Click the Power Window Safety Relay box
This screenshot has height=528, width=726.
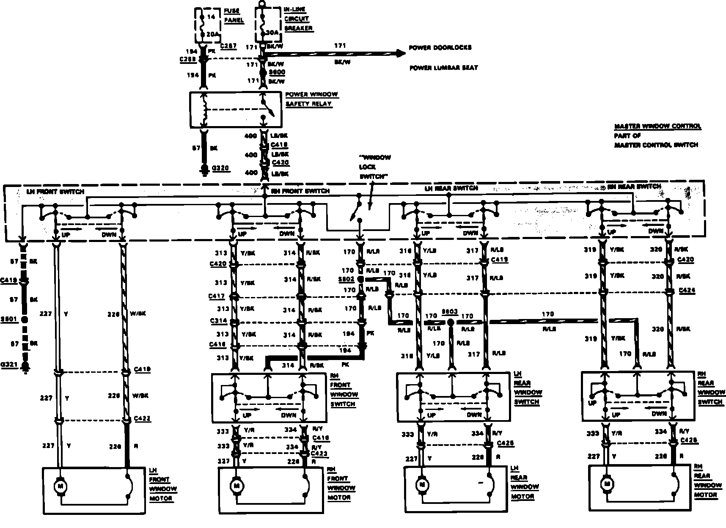coord(235,109)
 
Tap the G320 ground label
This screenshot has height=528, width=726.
coord(220,168)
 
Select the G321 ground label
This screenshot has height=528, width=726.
coord(9,364)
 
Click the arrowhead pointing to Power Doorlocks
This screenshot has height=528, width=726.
coord(399,53)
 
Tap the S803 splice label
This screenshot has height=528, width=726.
coord(449,312)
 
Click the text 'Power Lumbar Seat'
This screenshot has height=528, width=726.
coord(443,68)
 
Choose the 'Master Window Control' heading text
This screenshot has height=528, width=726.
coord(657,126)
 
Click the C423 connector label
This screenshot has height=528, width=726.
coord(319,454)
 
